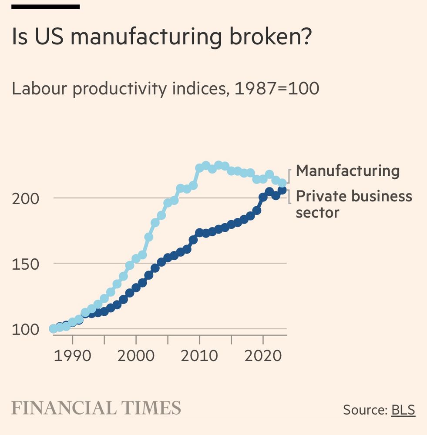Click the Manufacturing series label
point(347,171)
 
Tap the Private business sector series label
point(353,204)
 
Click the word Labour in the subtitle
point(39,89)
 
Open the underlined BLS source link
point(403,409)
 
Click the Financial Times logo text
point(96,408)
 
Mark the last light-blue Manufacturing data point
point(282,183)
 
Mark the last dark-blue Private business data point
point(282,190)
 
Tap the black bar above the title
point(45,7)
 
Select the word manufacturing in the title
point(145,37)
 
